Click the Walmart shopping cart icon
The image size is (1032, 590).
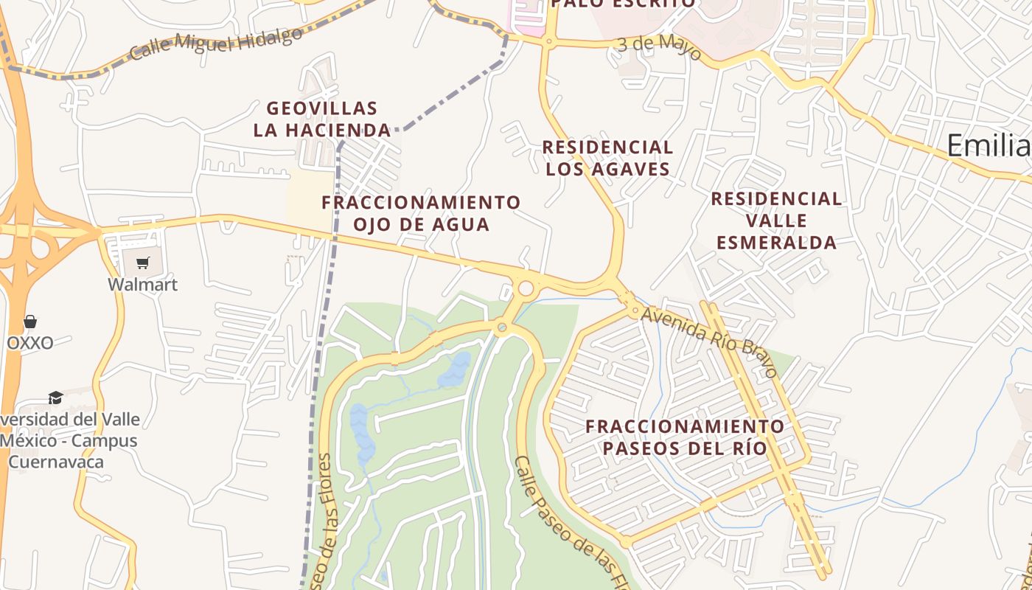143,263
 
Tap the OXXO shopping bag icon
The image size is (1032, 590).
30,322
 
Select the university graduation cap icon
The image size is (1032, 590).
55,398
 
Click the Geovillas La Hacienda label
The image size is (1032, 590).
322,119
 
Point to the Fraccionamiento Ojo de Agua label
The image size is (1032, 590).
421,213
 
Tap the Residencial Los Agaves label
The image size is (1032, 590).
607,158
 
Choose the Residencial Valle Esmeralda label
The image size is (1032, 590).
776,220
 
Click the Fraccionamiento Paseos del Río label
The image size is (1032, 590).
685,437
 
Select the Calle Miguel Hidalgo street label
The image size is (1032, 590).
216,45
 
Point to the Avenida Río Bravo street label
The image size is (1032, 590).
709,341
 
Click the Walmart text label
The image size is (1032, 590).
143,284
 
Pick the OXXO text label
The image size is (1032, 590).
30,343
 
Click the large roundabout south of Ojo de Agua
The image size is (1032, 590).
526,288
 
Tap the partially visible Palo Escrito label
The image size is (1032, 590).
623,4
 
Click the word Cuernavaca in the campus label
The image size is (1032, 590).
56,462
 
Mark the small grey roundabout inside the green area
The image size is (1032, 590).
502,327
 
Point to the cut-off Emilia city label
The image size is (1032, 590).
989,145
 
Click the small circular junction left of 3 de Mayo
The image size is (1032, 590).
548,42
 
